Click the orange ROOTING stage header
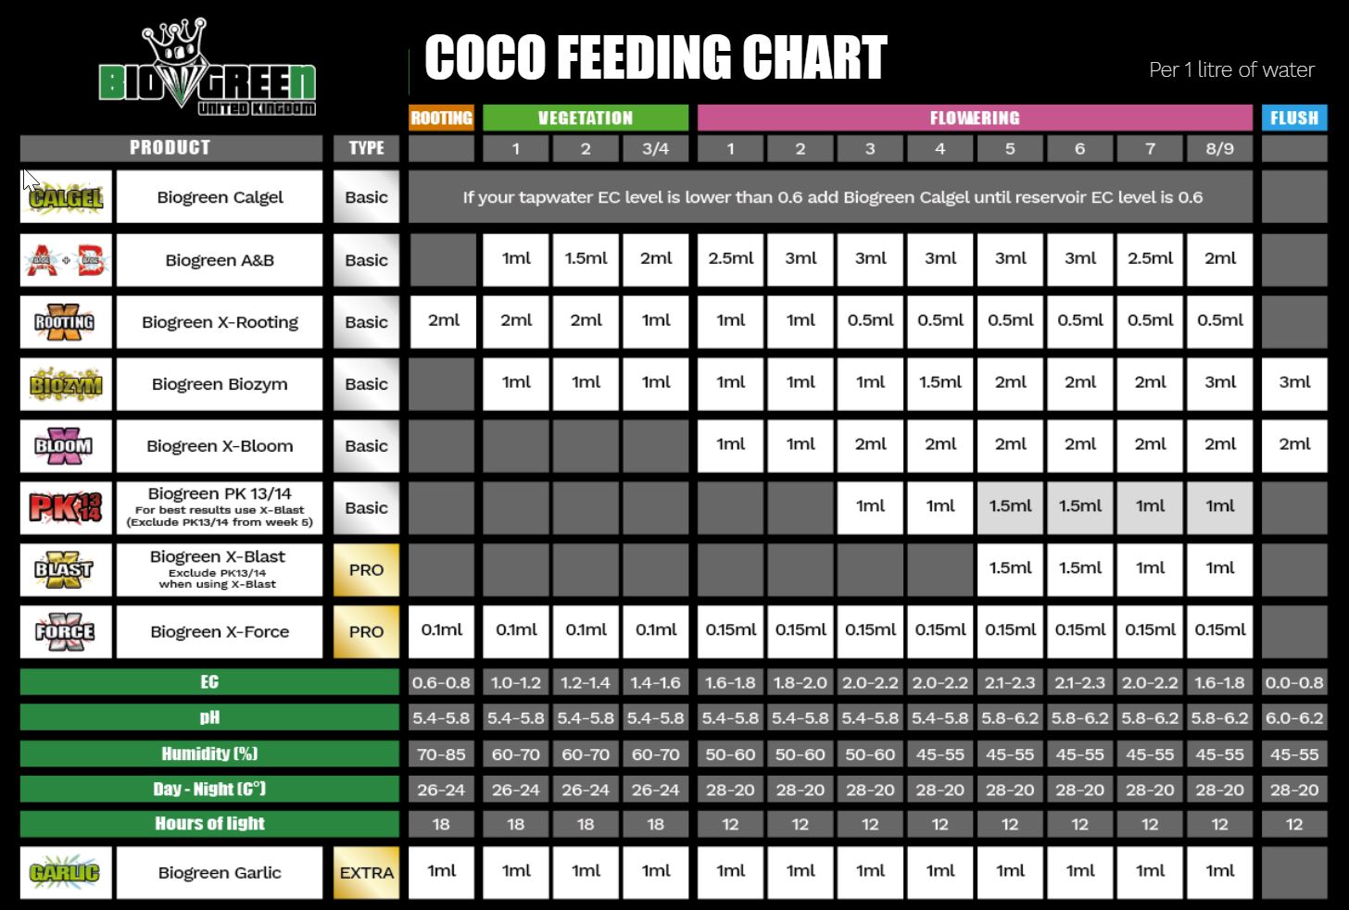pos(442,118)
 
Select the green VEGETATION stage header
pos(586,118)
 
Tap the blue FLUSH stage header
pos(1294,118)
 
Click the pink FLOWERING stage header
pos(975,118)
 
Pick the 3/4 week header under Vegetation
pos(656,148)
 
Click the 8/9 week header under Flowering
pos(1220,148)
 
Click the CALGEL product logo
pos(66,197)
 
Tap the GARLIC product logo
pos(66,872)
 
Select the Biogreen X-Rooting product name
pos(220,322)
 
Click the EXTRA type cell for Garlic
pos(367,872)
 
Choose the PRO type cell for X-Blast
pos(367,569)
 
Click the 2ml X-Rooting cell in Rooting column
pos(443,320)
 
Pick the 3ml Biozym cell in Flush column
pos(1294,382)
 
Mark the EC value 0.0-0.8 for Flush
pos(1294,683)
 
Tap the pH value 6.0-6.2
pos(1294,718)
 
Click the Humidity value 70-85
pos(441,754)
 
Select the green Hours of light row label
pos(209,824)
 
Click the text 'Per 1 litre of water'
pos(1231,69)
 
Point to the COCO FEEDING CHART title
pos(656,57)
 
